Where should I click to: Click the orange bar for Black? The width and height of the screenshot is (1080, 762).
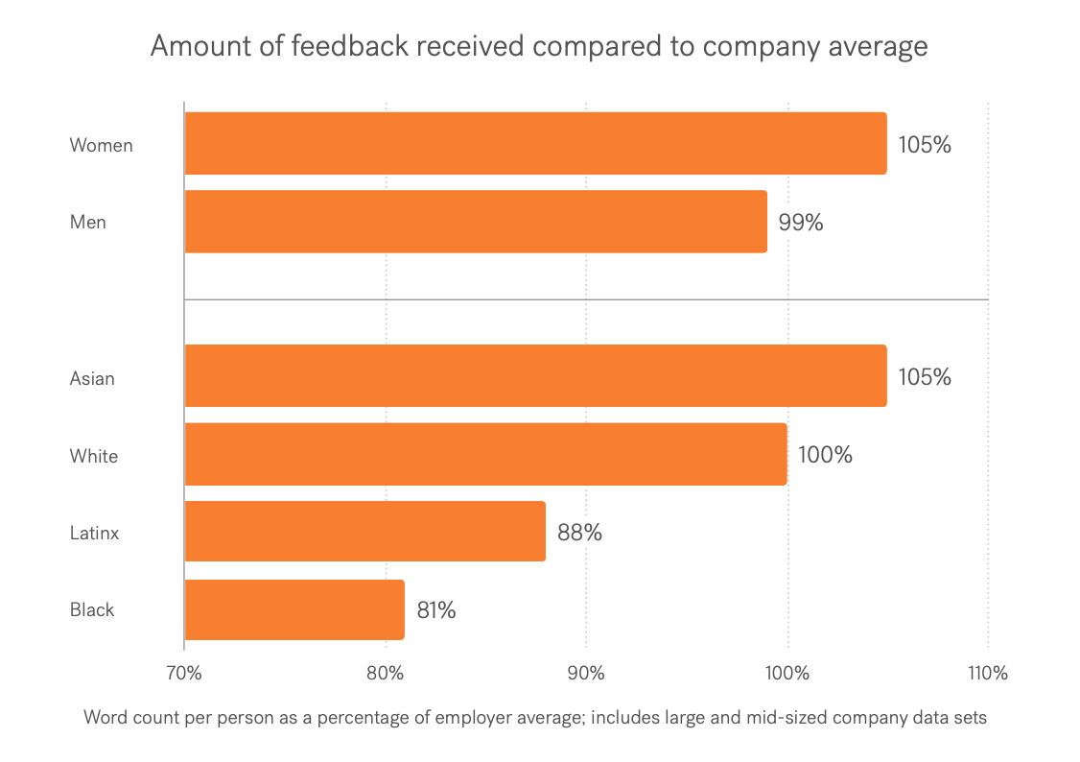click(x=293, y=609)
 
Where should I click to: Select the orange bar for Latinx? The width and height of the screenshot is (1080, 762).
click(x=364, y=532)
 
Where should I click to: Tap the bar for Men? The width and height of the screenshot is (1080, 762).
click(x=475, y=222)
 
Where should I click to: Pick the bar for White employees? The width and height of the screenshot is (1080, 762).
click(x=484, y=454)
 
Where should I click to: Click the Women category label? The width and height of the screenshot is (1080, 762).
click(x=101, y=146)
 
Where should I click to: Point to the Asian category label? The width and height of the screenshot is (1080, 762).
click(x=92, y=378)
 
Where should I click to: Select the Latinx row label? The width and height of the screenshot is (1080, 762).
click(x=94, y=533)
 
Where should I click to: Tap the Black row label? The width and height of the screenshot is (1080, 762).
click(x=92, y=610)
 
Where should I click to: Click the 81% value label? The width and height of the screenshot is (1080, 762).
click(x=435, y=610)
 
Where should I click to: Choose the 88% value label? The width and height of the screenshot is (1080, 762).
click(x=579, y=533)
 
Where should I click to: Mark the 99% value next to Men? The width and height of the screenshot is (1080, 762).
click(x=801, y=223)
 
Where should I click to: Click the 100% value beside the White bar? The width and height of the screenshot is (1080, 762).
click(x=825, y=455)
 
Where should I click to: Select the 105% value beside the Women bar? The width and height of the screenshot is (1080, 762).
click(x=925, y=146)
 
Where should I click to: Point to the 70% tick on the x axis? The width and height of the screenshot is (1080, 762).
click(x=183, y=674)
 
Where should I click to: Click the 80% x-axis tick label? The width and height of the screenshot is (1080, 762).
click(x=385, y=674)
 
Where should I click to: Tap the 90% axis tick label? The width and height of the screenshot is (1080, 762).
click(x=586, y=674)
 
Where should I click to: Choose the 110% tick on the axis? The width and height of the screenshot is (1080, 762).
click(x=988, y=674)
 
